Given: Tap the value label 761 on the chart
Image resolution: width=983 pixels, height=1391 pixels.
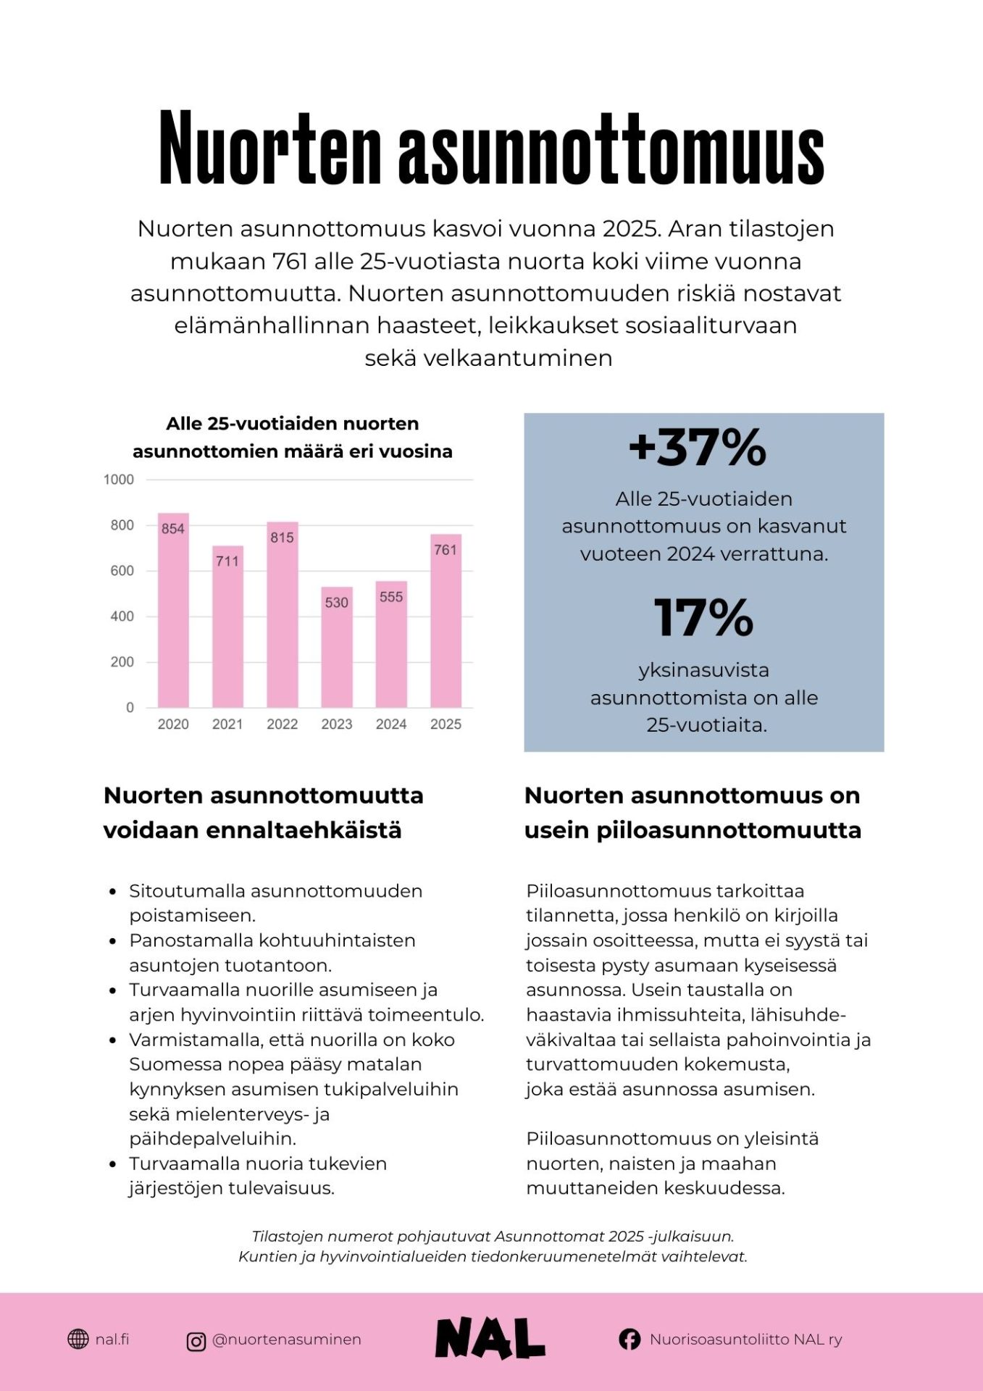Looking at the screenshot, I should click(x=446, y=550).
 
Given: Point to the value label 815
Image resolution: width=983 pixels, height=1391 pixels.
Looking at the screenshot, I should click(x=282, y=538).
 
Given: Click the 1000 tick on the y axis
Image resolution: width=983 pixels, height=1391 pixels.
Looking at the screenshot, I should click(x=119, y=480).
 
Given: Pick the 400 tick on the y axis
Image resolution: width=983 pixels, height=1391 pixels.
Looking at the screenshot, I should click(x=122, y=617).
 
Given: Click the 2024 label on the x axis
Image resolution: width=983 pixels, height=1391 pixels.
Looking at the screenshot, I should click(x=391, y=724).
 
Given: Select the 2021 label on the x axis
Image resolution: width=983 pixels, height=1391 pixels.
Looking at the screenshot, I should click(x=227, y=724).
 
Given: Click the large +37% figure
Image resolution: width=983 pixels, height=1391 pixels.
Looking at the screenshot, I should click(x=697, y=448).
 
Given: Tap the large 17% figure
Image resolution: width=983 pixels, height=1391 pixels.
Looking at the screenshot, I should click(x=703, y=618).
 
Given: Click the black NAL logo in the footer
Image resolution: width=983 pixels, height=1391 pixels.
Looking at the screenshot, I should click(x=490, y=1338).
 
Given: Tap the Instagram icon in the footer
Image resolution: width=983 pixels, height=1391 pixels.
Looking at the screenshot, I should click(x=196, y=1342).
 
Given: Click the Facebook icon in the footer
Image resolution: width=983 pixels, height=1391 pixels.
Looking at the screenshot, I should click(x=629, y=1340).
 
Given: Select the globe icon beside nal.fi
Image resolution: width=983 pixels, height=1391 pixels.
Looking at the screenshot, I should click(x=78, y=1340).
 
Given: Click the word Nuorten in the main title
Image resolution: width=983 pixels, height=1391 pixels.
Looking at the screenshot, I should click(x=269, y=149).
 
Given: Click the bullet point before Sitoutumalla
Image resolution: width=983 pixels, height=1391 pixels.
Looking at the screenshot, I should click(x=112, y=892).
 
